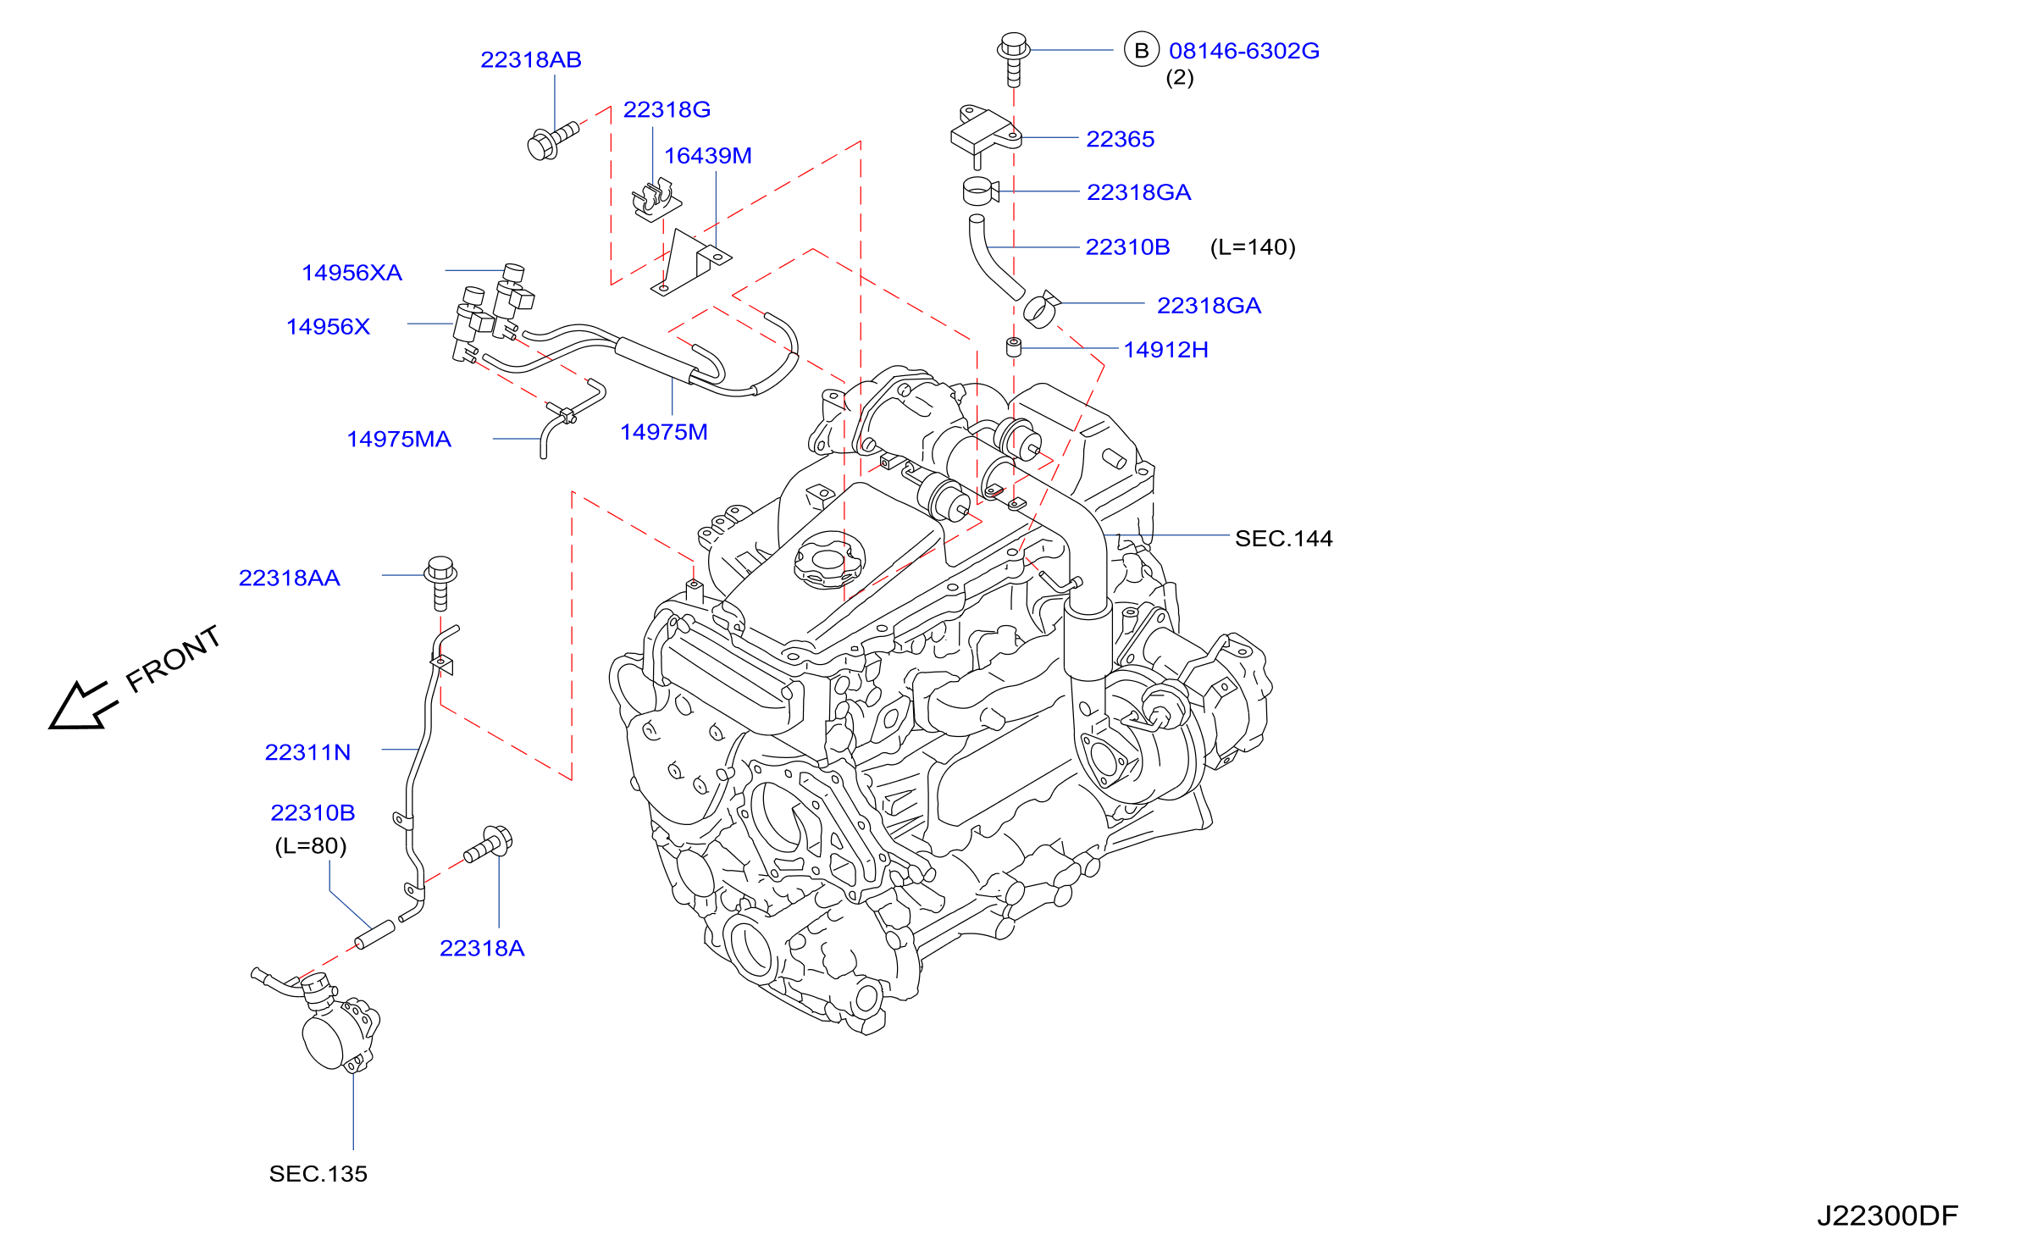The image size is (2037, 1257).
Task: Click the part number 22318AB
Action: pyautogui.click(x=531, y=60)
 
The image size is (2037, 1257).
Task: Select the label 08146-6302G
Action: pyautogui.click(x=1244, y=51)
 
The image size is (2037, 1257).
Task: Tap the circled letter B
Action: pyautogui.click(x=1142, y=50)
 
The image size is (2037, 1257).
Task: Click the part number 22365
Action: pyautogui.click(x=1121, y=139)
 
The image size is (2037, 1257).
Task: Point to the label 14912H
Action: pyautogui.click(x=1166, y=350)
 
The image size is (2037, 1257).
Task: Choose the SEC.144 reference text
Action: pyautogui.click(x=1284, y=539)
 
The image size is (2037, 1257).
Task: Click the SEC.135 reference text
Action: pyautogui.click(x=318, y=1174)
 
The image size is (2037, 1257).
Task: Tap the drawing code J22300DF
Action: pyautogui.click(x=1888, y=1216)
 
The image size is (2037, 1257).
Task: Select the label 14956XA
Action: pyautogui.click(x=352, y=273)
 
